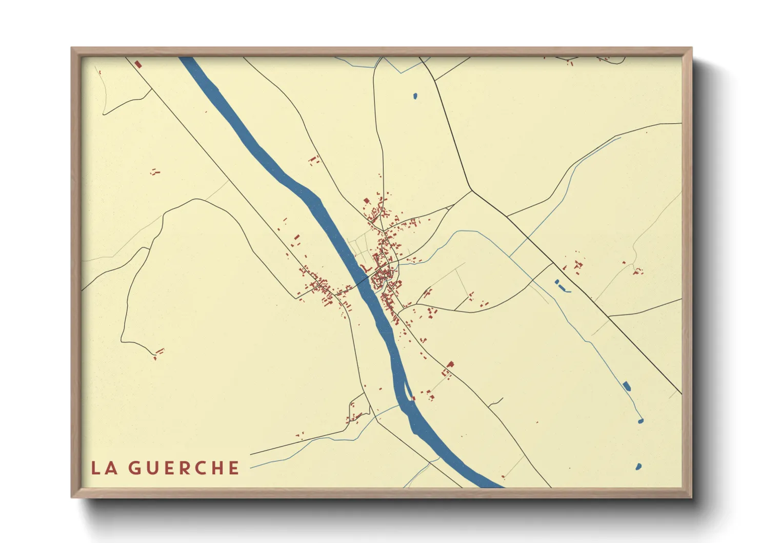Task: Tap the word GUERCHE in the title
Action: click(x=184, y=468)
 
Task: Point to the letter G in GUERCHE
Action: click(x=134, y=468)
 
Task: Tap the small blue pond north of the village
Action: click(x=415, y=95)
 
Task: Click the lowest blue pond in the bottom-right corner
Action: click(x=638, y=467)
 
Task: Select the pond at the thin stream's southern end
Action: click(x=640, y=421)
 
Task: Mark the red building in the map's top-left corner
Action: click(x=137, y=64)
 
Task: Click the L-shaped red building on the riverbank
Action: click(x=366, y=268)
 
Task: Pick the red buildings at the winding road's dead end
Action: click(x=158, y=353)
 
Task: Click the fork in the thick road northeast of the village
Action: click(x=471, y=191)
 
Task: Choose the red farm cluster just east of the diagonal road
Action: click(x=576, y=265)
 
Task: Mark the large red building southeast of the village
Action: click(x=450, y=364)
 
